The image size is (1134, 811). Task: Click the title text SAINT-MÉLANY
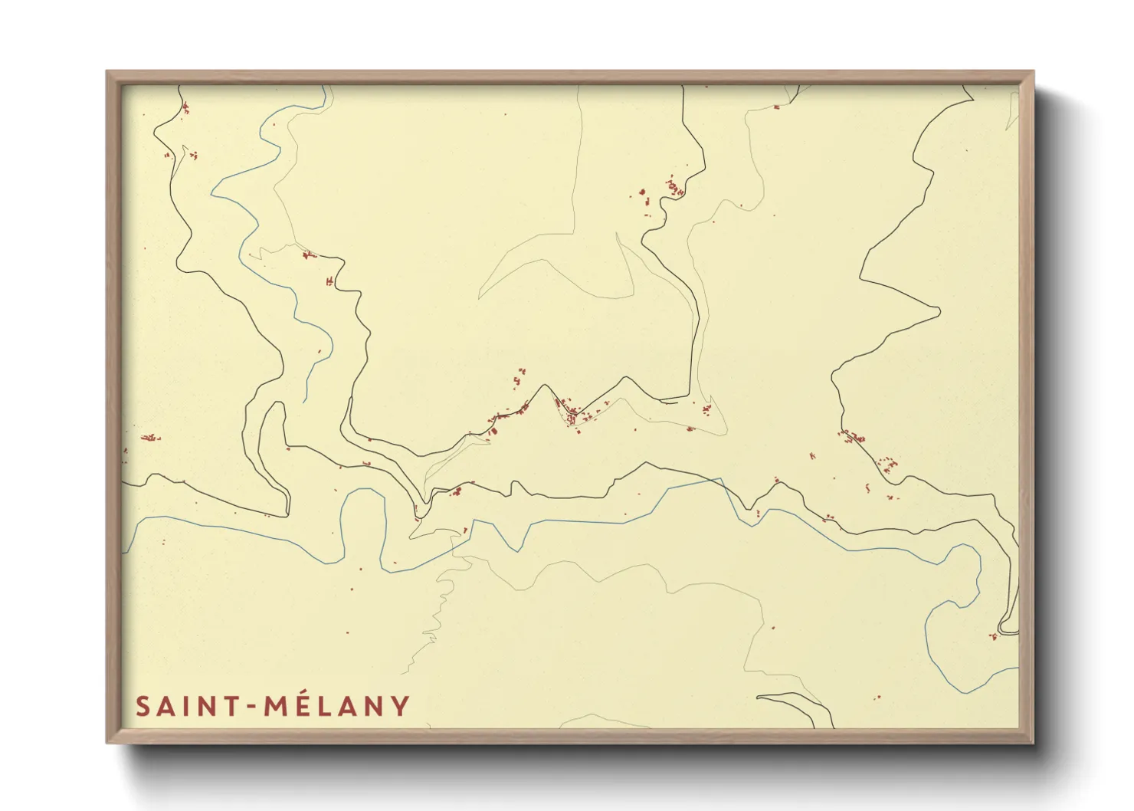pos(273,706)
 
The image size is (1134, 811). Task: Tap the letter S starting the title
pos(143,707)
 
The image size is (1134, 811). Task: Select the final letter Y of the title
pos(400,707)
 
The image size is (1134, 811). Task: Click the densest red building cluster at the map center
pos(571,412)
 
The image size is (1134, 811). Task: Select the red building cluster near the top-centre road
pos(673,187)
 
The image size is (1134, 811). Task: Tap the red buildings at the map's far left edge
pos(149,438)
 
